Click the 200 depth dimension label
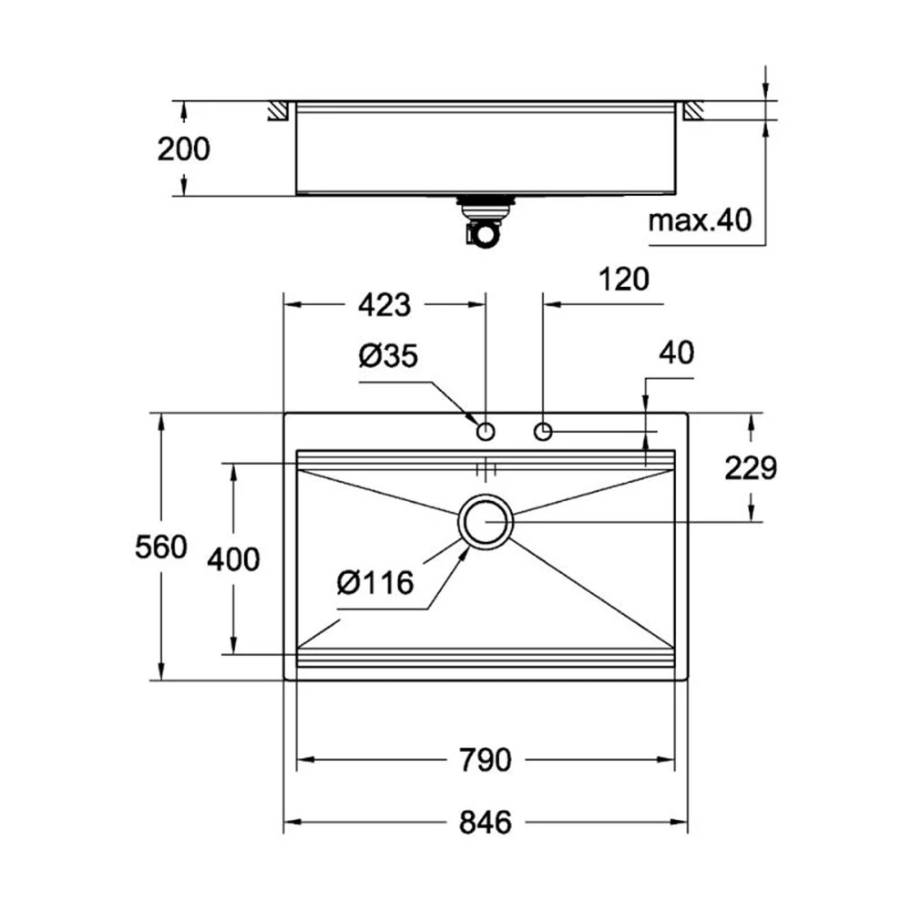(183, 148)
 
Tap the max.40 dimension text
(701, 220)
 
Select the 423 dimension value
(384, 305)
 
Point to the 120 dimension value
(625, 280)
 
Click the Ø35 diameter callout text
(387, 356)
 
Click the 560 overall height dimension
(161, 547)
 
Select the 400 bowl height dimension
(233, 558)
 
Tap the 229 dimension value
(751, 467)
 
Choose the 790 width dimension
(486, 759)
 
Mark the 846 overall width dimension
(486, 823)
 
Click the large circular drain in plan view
(486, 522)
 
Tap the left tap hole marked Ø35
(486, 430)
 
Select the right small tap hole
(544, 430)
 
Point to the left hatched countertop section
(277, 110)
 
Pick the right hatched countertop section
(693, 110)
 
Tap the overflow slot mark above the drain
(486, 469)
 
